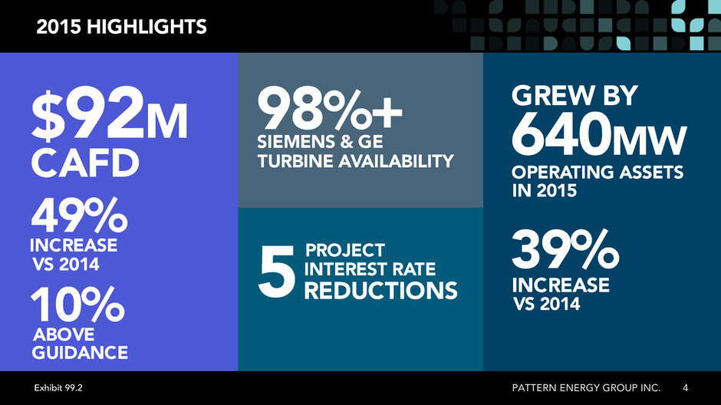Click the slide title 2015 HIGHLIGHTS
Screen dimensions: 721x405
coord(121,27)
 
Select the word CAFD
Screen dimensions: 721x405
coord(85,163)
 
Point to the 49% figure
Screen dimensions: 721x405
coord(79,215)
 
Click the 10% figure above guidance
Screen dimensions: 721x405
coord(77,304)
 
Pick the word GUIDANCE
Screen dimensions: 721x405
coord(80,353)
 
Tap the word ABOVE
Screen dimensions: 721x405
coord(64,334)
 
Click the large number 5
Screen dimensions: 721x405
coord(276,271)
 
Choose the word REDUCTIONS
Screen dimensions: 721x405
coord(380,291)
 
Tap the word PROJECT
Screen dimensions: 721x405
coord(345,251)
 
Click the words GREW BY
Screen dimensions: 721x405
coord(574,96)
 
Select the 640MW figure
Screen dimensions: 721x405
coord(599,134)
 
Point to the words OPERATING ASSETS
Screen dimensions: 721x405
coord(598,172)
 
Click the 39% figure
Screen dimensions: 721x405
coord(565,249)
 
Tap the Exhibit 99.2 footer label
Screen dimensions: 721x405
coord(58,388)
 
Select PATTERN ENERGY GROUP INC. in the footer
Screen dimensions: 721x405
coord(586,388)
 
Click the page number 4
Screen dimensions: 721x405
coord(685,388)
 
